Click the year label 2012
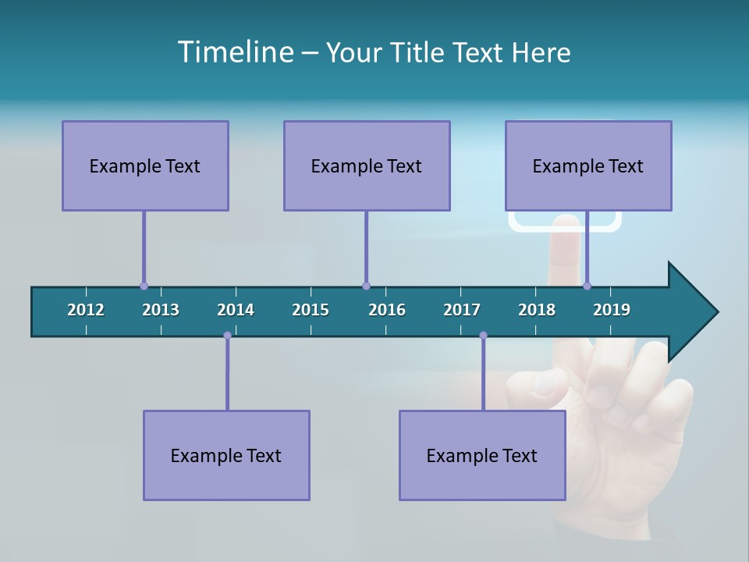[86, 310]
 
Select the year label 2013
[161, 310]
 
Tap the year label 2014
[236, 310]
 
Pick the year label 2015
[311, 310]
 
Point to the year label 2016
[387, 310]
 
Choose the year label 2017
[462, 310]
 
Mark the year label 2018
[537, 310]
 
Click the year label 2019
[612, 310]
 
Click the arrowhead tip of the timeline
[716, 312]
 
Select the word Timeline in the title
[234, 52]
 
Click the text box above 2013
[145, 165]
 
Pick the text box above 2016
[367, 165]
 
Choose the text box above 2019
[588, 165]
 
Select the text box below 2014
[226, 455]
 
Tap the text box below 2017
[482, 455]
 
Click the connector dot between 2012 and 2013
[144, 286]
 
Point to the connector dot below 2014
[227, 336]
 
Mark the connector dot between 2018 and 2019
[587, 286]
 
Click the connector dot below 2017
[483, 336]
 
